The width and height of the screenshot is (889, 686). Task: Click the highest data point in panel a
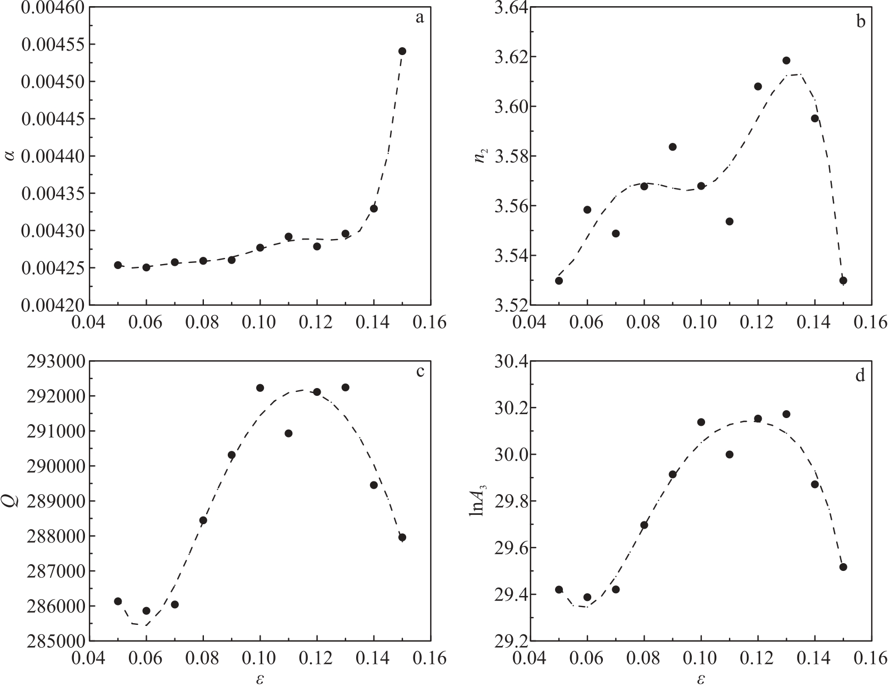[402, 51]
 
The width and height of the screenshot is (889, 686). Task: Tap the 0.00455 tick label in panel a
[49, 44]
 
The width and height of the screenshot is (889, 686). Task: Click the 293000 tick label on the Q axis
[52, 362]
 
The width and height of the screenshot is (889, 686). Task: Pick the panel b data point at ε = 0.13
[786, 61]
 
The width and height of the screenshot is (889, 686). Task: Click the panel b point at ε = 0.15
[843, 281]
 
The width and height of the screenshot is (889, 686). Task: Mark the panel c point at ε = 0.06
[146, 611]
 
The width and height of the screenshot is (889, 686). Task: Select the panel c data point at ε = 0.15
[402, 538]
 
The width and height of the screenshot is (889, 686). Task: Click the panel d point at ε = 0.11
[730, 455]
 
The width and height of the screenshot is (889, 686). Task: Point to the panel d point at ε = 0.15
[843, 567]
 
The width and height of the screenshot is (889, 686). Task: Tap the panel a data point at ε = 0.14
[374, 208]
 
